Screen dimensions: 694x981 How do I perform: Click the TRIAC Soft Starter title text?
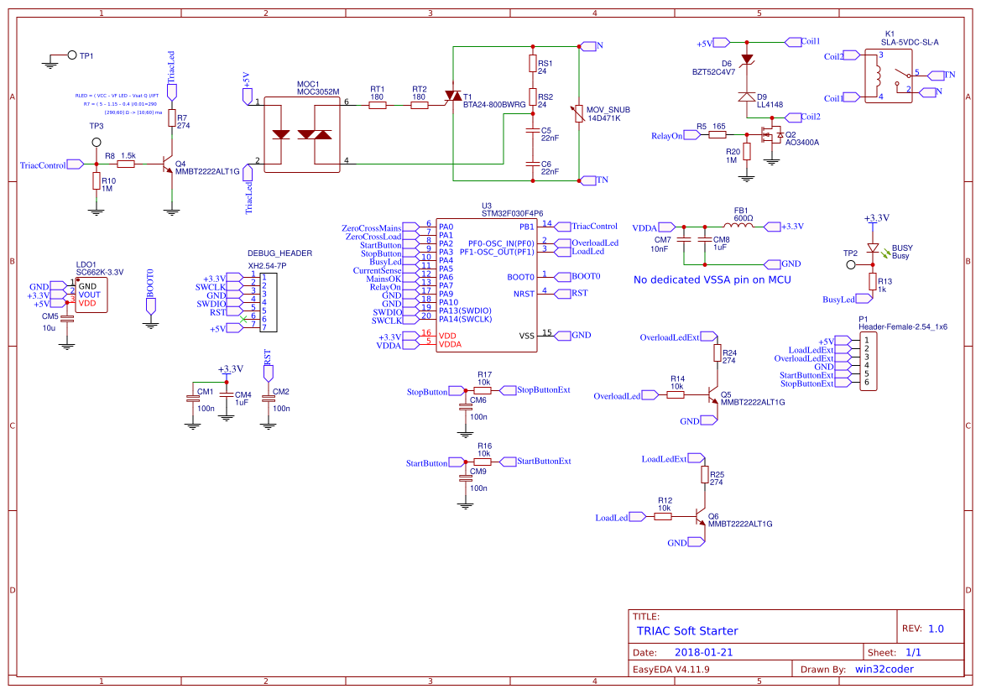pyautogui.click(x=686, y=631)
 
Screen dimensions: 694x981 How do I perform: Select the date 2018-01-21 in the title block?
pyautogui.click(x=703, y=652)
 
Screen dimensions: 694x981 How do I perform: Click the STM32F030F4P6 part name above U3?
pyautogui.click(x=512, y=214)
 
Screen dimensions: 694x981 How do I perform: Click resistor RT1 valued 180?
pyautogui.click(x=378, y=106)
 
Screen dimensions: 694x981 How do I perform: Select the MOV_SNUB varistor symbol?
pyautogui.click(x=578, y=113)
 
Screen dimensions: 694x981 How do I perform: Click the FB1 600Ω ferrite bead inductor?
pyautogui.click(x=741, y=226)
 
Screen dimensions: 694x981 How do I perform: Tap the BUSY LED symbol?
pyautogui.click(x=874, y=248)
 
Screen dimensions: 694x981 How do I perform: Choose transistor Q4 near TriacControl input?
pyautogui.click(x=168, y=165)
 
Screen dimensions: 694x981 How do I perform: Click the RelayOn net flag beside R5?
pyautogui.click(x=667, y=135)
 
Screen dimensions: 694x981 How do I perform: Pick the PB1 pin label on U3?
pyautogui.click(x=527, y=227)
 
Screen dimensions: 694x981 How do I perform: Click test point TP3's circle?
pyautogui.click(x=97, y=143)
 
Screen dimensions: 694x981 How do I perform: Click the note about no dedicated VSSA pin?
pyautogui.click(x=712, y=279)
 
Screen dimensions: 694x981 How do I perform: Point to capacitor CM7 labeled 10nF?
pyautogui.click(x=684, y=240)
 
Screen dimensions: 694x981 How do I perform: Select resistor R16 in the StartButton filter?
pyautogui.click(x=483, y=462)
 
